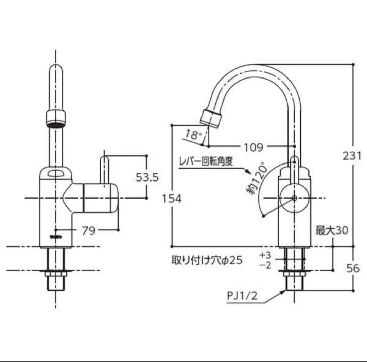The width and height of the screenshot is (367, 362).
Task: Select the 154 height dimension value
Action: coord(172,199)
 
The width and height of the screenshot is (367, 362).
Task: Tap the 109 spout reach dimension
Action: coord(254,147)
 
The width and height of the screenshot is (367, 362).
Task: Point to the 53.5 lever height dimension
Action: coord(147,177)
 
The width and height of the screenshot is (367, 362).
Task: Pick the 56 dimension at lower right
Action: coord(353,268)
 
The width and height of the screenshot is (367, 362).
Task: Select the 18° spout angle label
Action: coord(192,135)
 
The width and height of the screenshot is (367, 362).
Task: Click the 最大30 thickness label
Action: coord(332,230)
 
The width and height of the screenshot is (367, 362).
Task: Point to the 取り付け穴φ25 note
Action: coord(207,260)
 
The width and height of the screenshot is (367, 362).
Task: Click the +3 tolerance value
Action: coord(265,255)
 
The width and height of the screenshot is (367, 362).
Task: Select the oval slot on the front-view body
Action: coord(56,174)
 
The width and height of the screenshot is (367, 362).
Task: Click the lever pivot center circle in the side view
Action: coord(294,198)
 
